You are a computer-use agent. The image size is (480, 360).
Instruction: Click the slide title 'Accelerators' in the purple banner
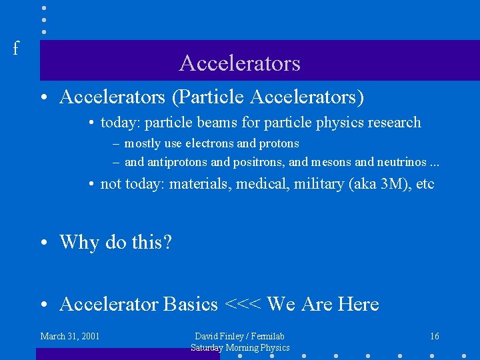point(239,63)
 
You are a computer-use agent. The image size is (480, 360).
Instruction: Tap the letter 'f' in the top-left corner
point(15,49)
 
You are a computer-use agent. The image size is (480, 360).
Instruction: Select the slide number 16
point(434,336)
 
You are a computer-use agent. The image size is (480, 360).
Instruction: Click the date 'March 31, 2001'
point(70,336)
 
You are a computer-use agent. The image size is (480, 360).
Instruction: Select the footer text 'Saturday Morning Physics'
point(240,347)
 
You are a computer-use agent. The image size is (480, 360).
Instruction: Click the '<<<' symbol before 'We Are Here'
point(243,305)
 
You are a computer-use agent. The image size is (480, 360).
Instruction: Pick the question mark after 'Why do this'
point(167,242)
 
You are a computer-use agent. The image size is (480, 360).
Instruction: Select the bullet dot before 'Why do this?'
point(43,243)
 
